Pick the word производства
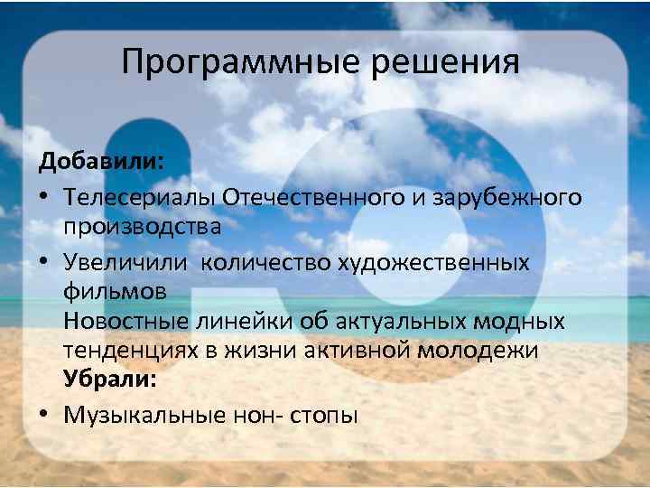pyautogui.click(x=142, y=227)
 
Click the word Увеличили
pyautogui.click(x=127, y=261)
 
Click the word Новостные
pyautogui.click(x=125, y=322)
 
